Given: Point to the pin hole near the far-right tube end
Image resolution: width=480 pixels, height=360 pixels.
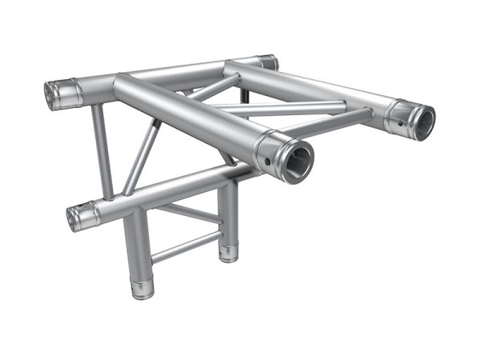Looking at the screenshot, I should tap(397, 126).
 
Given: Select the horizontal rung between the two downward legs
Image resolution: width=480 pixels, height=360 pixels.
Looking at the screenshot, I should tap(186, 244).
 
